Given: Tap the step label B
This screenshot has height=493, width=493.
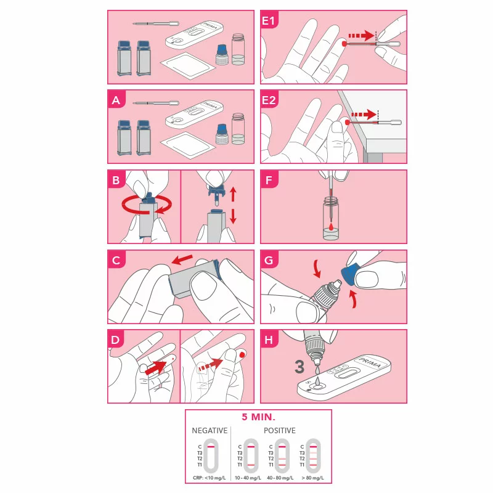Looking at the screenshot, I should click(116, 180).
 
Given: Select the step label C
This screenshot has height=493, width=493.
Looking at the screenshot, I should click(116, 260).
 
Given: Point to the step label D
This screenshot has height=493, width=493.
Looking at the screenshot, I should click(116, 340).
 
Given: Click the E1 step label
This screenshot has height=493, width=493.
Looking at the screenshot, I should click(270, 21).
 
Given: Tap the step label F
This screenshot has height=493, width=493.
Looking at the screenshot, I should click(269, 180).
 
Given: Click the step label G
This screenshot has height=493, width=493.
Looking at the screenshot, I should click(269, 260).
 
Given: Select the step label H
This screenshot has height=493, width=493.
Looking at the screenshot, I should click(269, 340).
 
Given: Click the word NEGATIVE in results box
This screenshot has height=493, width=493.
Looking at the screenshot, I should click(210, 430).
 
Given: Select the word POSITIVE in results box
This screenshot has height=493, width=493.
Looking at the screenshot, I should click(280, 430).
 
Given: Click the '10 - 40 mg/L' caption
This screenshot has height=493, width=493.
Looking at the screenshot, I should click(250, 478).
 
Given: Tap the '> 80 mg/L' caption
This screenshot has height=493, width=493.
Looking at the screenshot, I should click(311, 478).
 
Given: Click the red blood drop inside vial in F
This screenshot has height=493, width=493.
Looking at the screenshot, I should click(332, 227).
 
